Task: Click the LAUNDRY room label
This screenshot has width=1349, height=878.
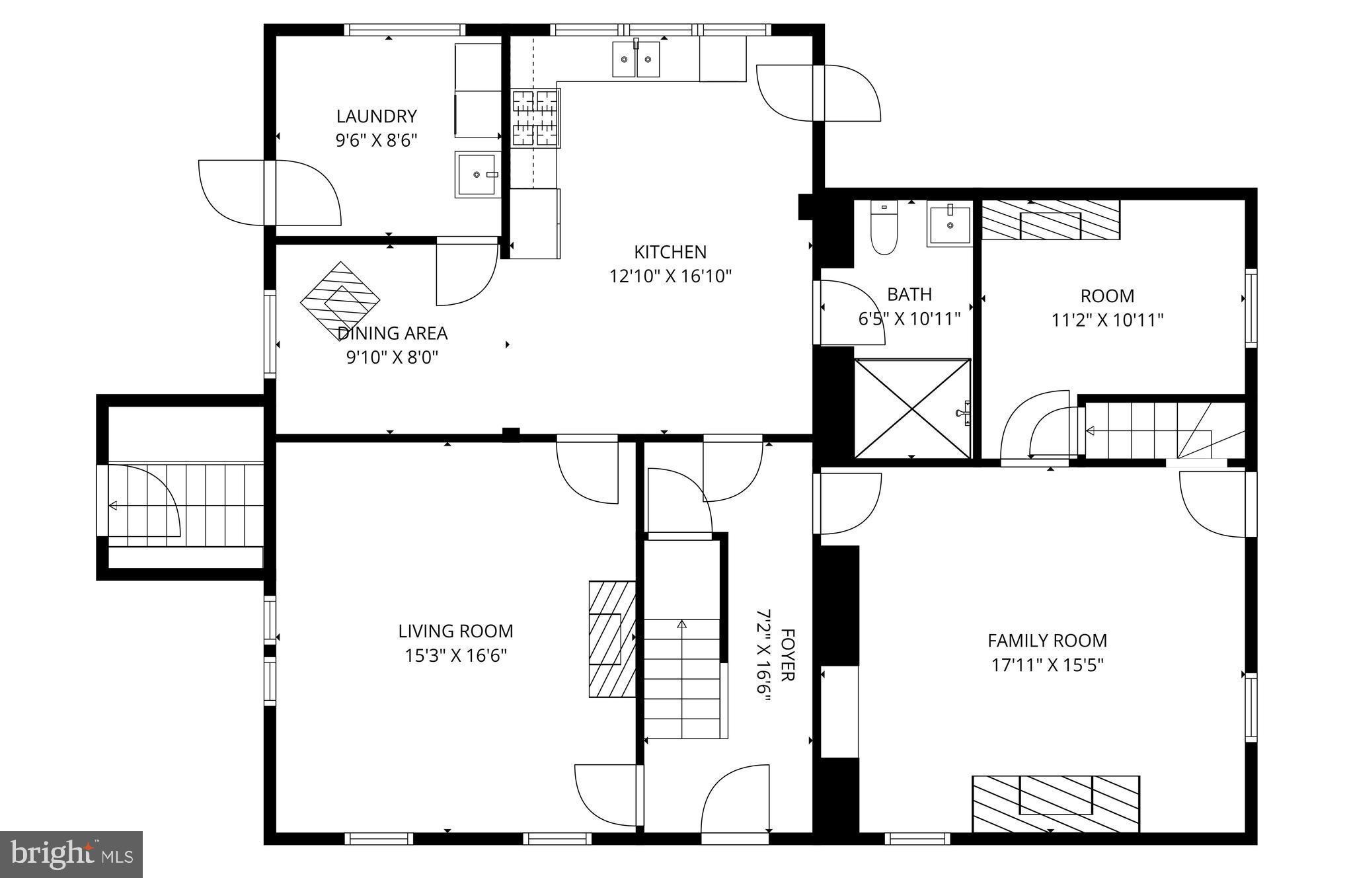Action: point(376,116)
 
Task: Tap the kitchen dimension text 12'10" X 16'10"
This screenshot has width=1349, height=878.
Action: point(670,276)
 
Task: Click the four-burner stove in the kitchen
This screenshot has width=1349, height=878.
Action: point(535,118)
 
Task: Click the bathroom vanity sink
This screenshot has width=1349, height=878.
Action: point(950,225)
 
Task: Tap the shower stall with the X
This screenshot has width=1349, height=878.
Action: point(912,408)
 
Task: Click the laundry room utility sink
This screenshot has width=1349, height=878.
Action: point(477,175)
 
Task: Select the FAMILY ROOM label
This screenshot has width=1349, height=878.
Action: point(1047,640)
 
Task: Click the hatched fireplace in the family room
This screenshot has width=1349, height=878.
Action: point(1056,803)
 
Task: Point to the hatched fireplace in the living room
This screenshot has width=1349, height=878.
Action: point(611,639)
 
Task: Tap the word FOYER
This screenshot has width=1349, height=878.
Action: point(787,655)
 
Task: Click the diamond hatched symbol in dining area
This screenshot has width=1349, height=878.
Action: point(340,301)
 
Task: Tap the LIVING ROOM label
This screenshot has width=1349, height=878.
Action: point(455,631)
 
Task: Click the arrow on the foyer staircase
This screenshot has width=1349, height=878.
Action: point(682,624)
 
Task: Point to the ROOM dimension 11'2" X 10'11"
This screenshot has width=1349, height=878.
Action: point(1107,320)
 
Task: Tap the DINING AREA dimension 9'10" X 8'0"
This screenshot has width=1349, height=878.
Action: point(393,357)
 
